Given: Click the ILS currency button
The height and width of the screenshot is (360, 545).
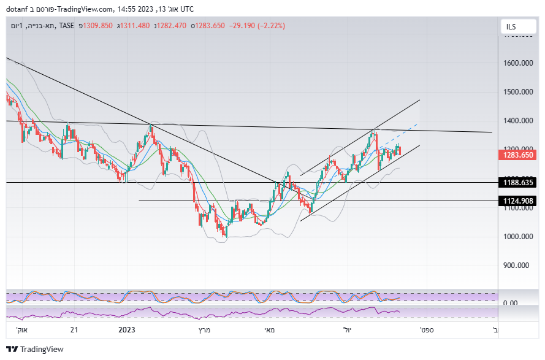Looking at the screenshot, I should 512,26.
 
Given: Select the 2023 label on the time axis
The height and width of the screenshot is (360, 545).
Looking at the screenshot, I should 126,330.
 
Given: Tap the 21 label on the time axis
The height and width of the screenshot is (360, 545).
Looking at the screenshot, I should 74,330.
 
